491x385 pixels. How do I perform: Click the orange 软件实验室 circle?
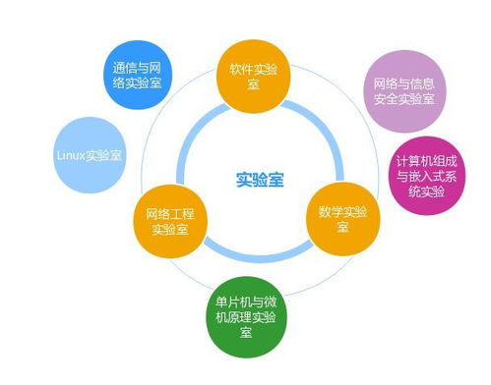[x=254, y=75]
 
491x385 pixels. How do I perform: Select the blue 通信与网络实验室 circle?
[x=138, y=77]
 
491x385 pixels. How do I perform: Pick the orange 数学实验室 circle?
[x=341, y=218]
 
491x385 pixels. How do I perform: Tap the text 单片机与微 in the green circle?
[x=246, y=299]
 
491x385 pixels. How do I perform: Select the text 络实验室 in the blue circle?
[x=138, y=85]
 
